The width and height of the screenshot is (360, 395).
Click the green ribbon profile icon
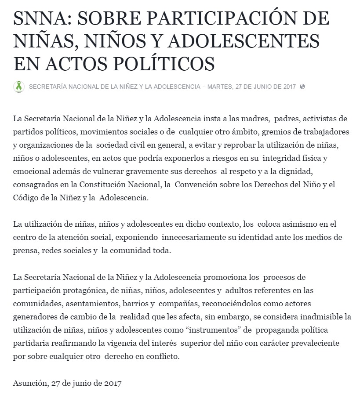click(x=19, y=87)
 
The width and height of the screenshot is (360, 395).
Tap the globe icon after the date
click(x=302, y=87)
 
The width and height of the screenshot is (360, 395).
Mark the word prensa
click(x=25, y=251)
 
